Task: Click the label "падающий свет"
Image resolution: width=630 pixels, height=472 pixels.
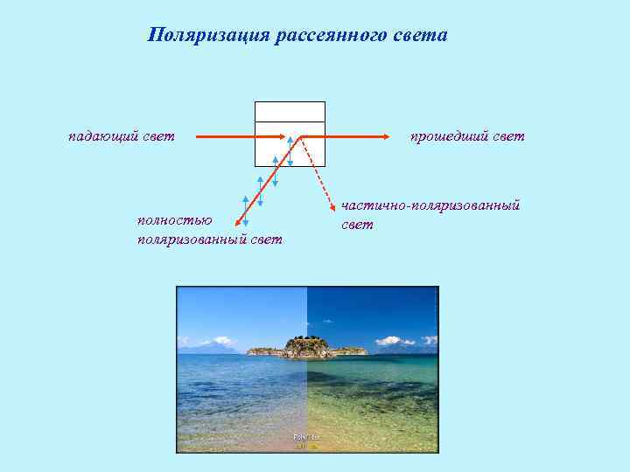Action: (122, 135)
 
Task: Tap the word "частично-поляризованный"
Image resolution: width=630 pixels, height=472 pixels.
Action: (430, 205)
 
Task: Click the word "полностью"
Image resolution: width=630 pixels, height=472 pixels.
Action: (175, 219)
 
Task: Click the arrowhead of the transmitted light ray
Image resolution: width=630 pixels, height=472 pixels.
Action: (386, 136)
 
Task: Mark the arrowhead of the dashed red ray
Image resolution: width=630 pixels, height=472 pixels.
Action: (333, 206)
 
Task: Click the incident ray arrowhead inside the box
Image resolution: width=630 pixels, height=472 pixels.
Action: (286, 136)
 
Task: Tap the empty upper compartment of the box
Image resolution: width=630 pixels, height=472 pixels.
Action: (290, 111)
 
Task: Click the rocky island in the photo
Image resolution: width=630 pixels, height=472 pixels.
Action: (306, 347)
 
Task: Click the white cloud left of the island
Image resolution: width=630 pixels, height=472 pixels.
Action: (222, 340)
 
